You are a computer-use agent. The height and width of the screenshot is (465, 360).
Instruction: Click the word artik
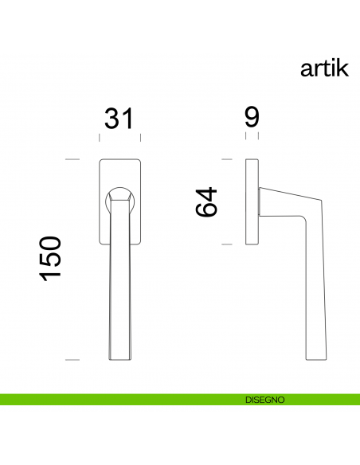pyautogui.click(x=324, y=68)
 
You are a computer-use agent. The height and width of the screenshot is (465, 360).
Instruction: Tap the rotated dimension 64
pyautogui.click(x=207, y=202)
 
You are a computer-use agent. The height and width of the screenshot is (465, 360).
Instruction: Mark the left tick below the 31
pyautogui.click(x=100, y=138)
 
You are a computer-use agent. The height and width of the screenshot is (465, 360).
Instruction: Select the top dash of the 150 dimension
pyautogui.click(x=72, y=161)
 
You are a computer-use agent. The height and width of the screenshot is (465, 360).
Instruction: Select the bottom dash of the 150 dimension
pyautogui.click(x=72, y=360)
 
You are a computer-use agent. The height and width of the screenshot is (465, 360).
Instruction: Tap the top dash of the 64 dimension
pyautogui.click(x=226, y=161)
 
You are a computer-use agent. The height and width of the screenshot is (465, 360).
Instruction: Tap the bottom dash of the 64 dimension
pyautogui.click(x=226, y=244)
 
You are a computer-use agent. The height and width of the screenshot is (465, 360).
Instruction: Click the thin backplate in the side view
pyautogui.click(x=252, y=202)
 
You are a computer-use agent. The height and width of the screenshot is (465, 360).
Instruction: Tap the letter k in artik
pyautogui.click(x=344, y=68)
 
